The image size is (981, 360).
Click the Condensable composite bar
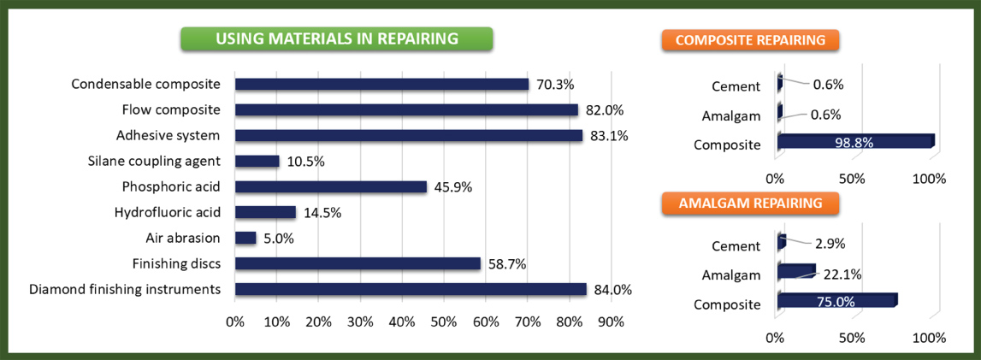[x=382, y=84]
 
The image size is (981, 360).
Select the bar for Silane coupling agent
[x=257, y=161]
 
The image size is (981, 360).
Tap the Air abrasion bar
[x=245, y=238]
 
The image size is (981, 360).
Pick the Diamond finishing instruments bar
[x=411, y=289]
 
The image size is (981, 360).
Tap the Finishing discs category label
[x=176, y=263]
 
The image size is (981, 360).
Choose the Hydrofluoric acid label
[x=167, y=212]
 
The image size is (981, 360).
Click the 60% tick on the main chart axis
[x=486, y=322]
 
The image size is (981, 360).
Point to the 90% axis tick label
[x=612, y=322]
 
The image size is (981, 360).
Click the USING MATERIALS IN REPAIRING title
[x=336, y=38]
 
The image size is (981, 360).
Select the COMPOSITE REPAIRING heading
[x=750, y=40]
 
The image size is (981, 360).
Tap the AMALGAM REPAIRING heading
[x=750, y=204]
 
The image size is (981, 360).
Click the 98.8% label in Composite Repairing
[x=853, y=143]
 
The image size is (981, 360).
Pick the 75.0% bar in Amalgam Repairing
[x=837, y=299]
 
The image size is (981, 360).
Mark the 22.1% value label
[x=840, y=274]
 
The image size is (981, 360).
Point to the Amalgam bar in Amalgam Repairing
[x=796, y=271]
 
